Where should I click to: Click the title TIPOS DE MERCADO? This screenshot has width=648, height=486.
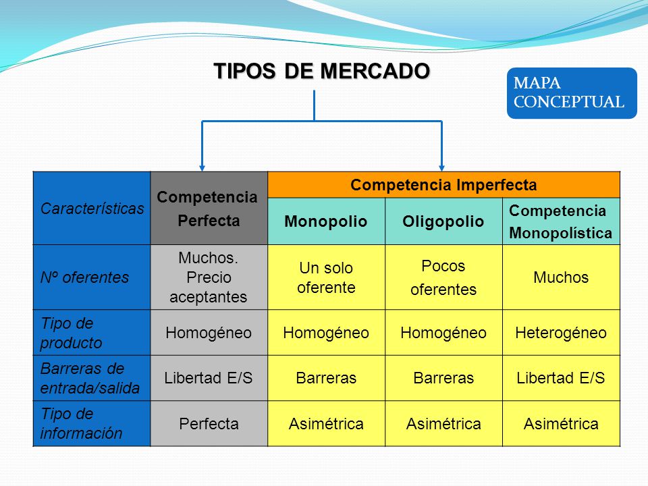click(321, 71)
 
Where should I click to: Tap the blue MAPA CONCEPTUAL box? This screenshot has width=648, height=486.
click(571, 93)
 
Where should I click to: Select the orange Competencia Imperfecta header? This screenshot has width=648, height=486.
click(443, 185)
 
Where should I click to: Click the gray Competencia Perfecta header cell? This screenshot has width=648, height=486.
click(209, 209)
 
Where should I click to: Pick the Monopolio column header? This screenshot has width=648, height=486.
click(326, 221)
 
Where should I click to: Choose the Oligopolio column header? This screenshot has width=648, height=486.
click(443, 221)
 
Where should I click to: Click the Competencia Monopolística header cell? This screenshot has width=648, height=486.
click(561, 221)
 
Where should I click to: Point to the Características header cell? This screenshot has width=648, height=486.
click(92, 209)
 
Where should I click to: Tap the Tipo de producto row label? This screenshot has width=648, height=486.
click(92, 333)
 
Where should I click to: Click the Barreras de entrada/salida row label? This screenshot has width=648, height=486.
click(92, 378)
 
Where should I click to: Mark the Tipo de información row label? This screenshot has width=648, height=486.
click(92, 423)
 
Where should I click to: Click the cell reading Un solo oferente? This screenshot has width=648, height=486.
click(326, 277)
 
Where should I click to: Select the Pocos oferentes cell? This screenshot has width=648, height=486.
click(443, 277)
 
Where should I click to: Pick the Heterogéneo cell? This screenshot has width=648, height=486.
click(561, 333)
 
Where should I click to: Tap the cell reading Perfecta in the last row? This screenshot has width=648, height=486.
click(209, 423)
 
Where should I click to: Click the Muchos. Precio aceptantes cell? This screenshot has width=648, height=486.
click(209, 277)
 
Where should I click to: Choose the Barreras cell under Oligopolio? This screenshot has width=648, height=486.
click(443, 378)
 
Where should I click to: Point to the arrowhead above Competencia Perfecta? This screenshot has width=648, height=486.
click(202, 166)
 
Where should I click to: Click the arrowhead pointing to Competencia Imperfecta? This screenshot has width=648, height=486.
click(441, 166)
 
